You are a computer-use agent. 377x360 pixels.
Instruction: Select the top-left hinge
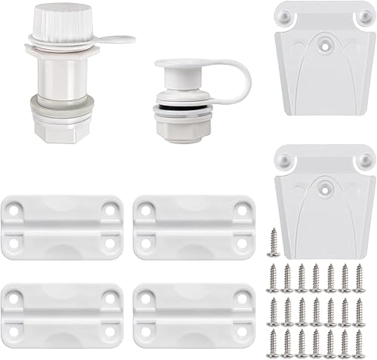63,226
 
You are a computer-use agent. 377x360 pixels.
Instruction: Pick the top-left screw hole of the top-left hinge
17,210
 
